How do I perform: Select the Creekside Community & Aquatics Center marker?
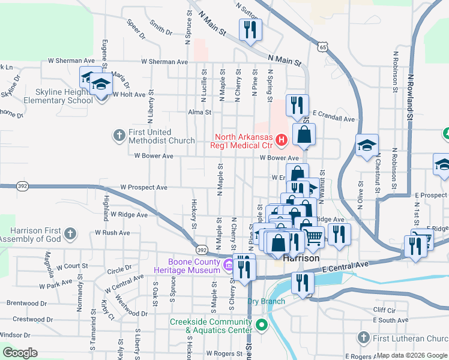tap(261, 326)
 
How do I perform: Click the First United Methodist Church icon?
tap(118, 136)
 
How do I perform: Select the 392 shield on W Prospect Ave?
tap(6, 187)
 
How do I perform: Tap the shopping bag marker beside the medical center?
tap(304, 136)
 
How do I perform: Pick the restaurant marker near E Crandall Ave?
tap(297, 106)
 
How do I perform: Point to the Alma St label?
tap(200, 112)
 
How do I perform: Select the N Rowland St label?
tap(411, 97)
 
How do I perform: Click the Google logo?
tap(20, 353)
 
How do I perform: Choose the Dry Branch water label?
tap(265, 301)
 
